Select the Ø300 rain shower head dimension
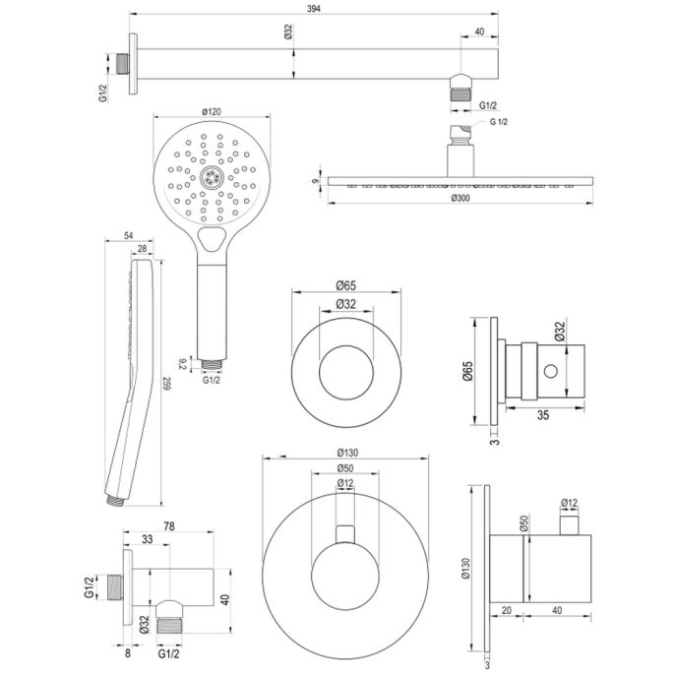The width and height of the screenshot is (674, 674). point(460,200)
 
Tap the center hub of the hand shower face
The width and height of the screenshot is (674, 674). point(209,178)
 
